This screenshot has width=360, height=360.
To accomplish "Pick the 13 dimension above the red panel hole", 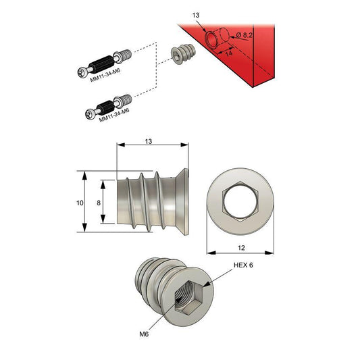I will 196,14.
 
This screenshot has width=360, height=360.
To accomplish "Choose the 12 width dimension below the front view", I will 241,247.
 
